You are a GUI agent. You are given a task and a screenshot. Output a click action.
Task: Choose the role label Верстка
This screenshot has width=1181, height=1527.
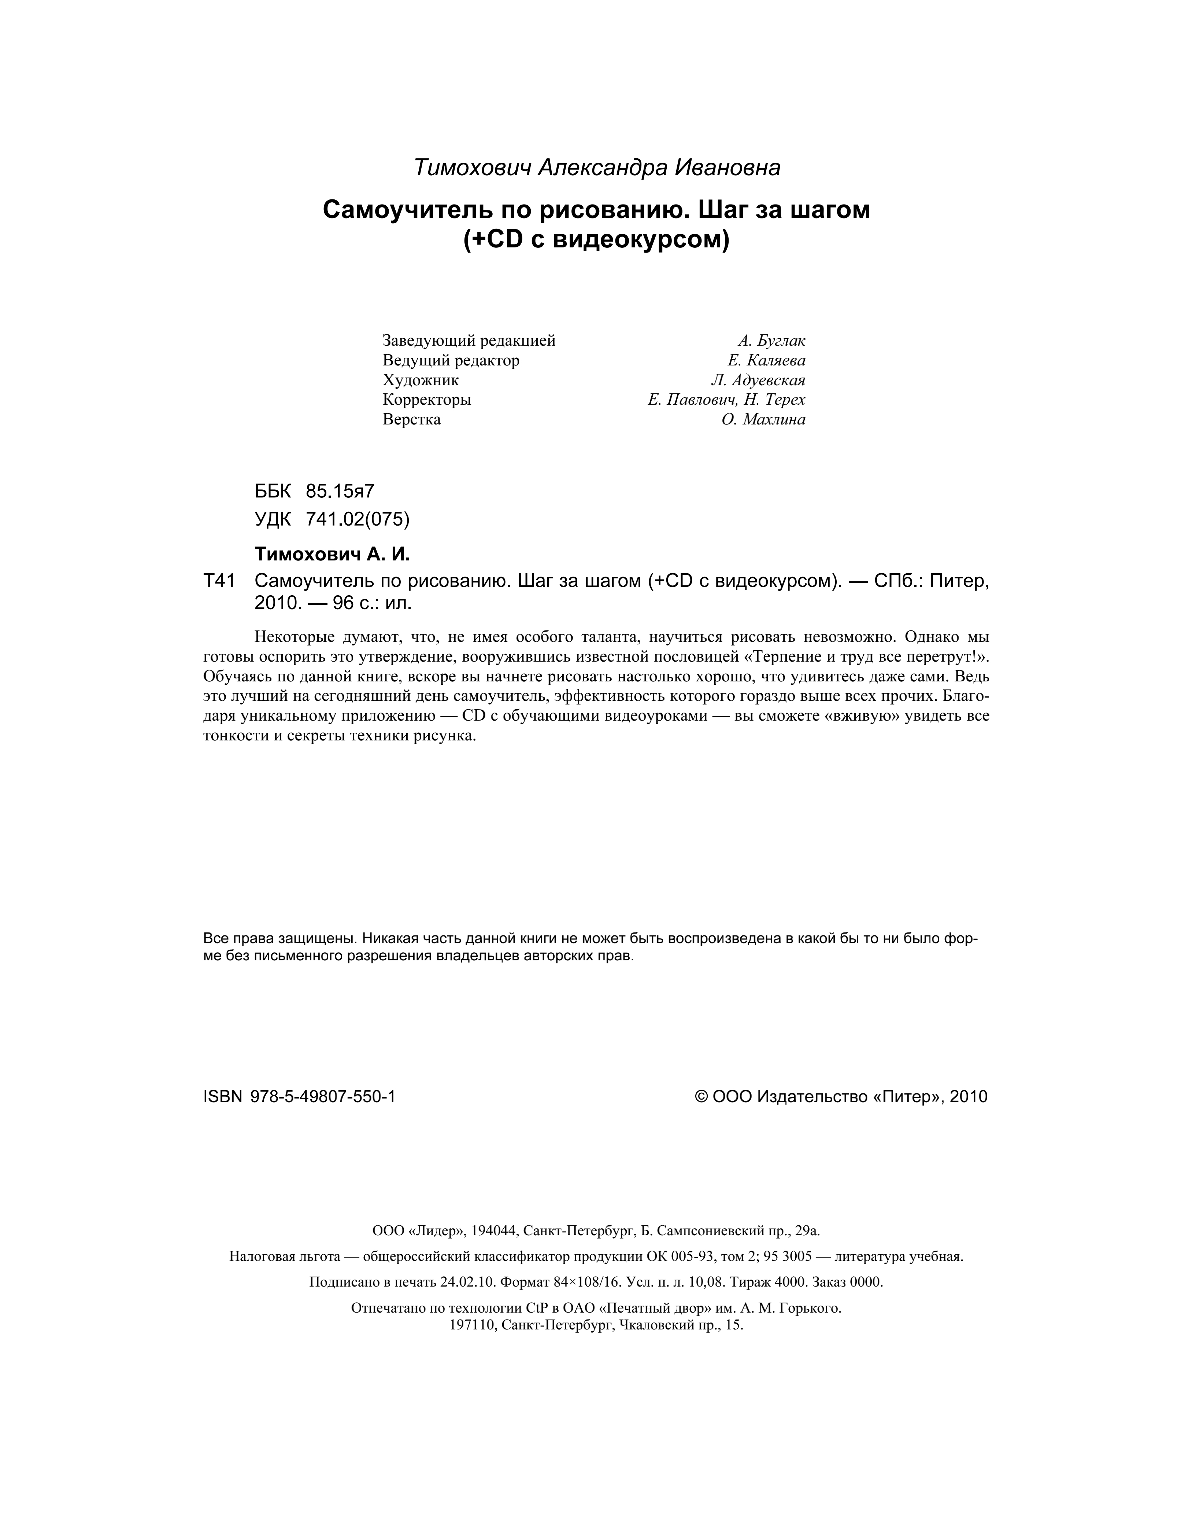coord(412,420)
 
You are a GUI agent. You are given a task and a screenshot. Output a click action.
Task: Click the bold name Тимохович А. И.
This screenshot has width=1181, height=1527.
coord(332,555)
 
